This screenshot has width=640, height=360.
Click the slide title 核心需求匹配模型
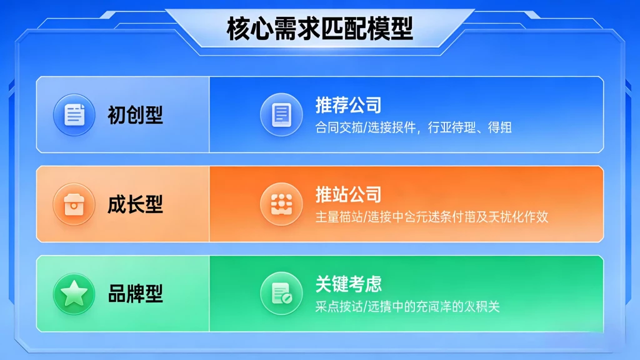click(x=319, y=29)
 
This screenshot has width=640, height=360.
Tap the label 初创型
click(x=135, y=114)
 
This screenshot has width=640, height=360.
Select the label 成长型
click(x=135, y=204)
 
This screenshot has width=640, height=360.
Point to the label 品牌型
click(x=135, y=294)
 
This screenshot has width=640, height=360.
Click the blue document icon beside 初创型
click(x=74, y=114)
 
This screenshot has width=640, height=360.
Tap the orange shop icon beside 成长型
click(x=74, y=204)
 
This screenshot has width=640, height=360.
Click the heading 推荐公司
click(x=348, y=104)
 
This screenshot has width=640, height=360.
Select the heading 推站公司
click(x=348, y=194)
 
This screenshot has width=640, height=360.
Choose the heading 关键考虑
click(x=348, y=284)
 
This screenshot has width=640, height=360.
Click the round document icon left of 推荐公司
click(x=281, y=114)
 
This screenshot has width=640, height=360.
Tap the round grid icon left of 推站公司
click(x=281, y=204)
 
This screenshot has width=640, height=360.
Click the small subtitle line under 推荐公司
click(x=414, y=127)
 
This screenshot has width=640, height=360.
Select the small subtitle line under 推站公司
click(x=432, y=217)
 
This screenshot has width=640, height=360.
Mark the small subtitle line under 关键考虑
click(x=407, y=307)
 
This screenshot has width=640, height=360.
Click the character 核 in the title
click(x=238, y=29)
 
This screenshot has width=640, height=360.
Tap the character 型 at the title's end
click(x=401, y=29)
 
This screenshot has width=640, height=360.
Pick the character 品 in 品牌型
click(x=117, y=294)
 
